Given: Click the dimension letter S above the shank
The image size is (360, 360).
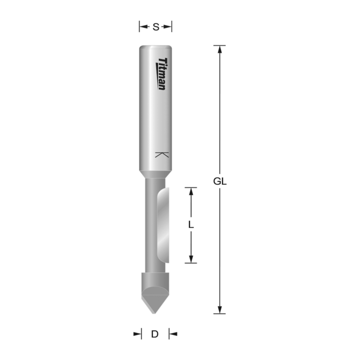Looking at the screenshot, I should [x=156, y=27].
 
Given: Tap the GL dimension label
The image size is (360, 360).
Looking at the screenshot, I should [x=220, y=182].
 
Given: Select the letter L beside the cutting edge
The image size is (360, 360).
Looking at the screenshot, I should [x=191, y=225].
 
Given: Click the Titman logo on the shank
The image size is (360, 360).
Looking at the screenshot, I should [x=162, y=74].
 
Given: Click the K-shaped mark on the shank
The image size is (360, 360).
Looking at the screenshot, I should [x=162, y=155].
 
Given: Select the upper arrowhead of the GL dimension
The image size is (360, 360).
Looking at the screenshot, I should [x=220, y=49].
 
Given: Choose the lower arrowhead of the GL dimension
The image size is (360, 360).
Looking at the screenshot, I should [x=220, y=309].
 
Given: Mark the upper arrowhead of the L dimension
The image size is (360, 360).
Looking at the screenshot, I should [x=191, y=191].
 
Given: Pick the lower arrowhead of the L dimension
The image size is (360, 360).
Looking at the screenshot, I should [x=191, y=258].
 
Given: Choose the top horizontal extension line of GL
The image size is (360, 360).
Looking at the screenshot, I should [x=220, y=45].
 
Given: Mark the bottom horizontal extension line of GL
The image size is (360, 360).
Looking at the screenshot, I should [x=220, y=314].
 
